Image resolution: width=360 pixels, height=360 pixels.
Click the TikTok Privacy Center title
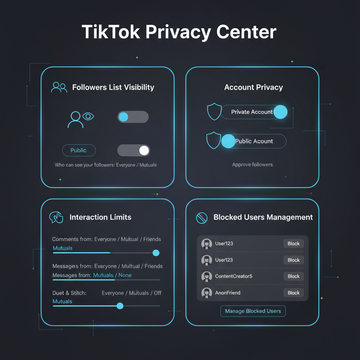(x=179, y=32)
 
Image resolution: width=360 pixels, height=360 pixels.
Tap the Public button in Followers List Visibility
(x=78, y=150)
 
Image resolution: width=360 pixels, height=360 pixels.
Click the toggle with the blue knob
(x=133, y=117)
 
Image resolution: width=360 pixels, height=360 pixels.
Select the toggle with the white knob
(x=133, y=150)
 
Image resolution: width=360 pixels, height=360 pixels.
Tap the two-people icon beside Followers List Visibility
(x=59, y=87)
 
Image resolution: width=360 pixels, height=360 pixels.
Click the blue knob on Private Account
(x=280, y=112)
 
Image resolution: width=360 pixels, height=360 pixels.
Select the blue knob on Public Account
(x=228, y=141)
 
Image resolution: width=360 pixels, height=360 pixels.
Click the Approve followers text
(x=253, y=165)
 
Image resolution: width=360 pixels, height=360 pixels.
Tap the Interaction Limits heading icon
(x=56, y=217)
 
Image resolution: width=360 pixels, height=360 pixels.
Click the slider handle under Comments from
(x=156, y=253)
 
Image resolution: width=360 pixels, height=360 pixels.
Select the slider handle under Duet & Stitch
(x=120, y=306)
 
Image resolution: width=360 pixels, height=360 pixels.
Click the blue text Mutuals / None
(x=112, y=275)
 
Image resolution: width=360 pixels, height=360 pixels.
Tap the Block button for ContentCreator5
(x=294, y=276)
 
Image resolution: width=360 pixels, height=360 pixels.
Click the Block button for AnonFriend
(x=294, y=293)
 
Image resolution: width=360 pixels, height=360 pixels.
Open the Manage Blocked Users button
(x=253, y=311)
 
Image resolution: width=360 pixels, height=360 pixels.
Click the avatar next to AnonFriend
(x=207, y=293)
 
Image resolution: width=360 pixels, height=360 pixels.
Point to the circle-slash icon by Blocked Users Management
(x=201, y=218)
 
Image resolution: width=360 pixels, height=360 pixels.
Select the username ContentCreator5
(x=233, y=276)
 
